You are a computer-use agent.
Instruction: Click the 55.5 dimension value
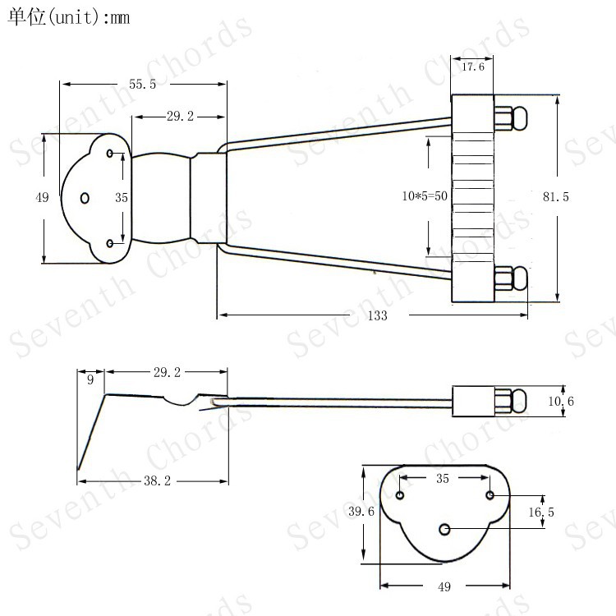pyautogui.click(x=142, y=84)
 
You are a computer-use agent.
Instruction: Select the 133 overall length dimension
pyautogui.click(x=376, y=315)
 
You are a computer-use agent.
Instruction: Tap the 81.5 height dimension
pyautogui.click(x=555, y=197)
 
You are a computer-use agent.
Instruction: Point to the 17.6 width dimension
pyautogui.click(x=472, y=67)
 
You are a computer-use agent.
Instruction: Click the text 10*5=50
pyautogui.click(x=424, y=196)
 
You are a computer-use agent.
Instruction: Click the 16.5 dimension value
pyautogui.click(x=541, y=512)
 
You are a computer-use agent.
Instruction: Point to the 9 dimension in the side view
pyautogui.click(x=90, y=379)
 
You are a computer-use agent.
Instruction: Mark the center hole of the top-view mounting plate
pyautogui.click(x=85, y=197)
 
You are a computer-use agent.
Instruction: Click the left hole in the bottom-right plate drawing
pyautogui.click(x=400, y=495)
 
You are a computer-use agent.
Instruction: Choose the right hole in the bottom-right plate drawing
pyautogui.click(x=490, y=494)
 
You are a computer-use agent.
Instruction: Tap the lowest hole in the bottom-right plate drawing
pyautogui.click(x=444, y=530)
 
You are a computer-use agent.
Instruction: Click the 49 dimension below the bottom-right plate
pyautogui.click(x=444, y=586)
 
